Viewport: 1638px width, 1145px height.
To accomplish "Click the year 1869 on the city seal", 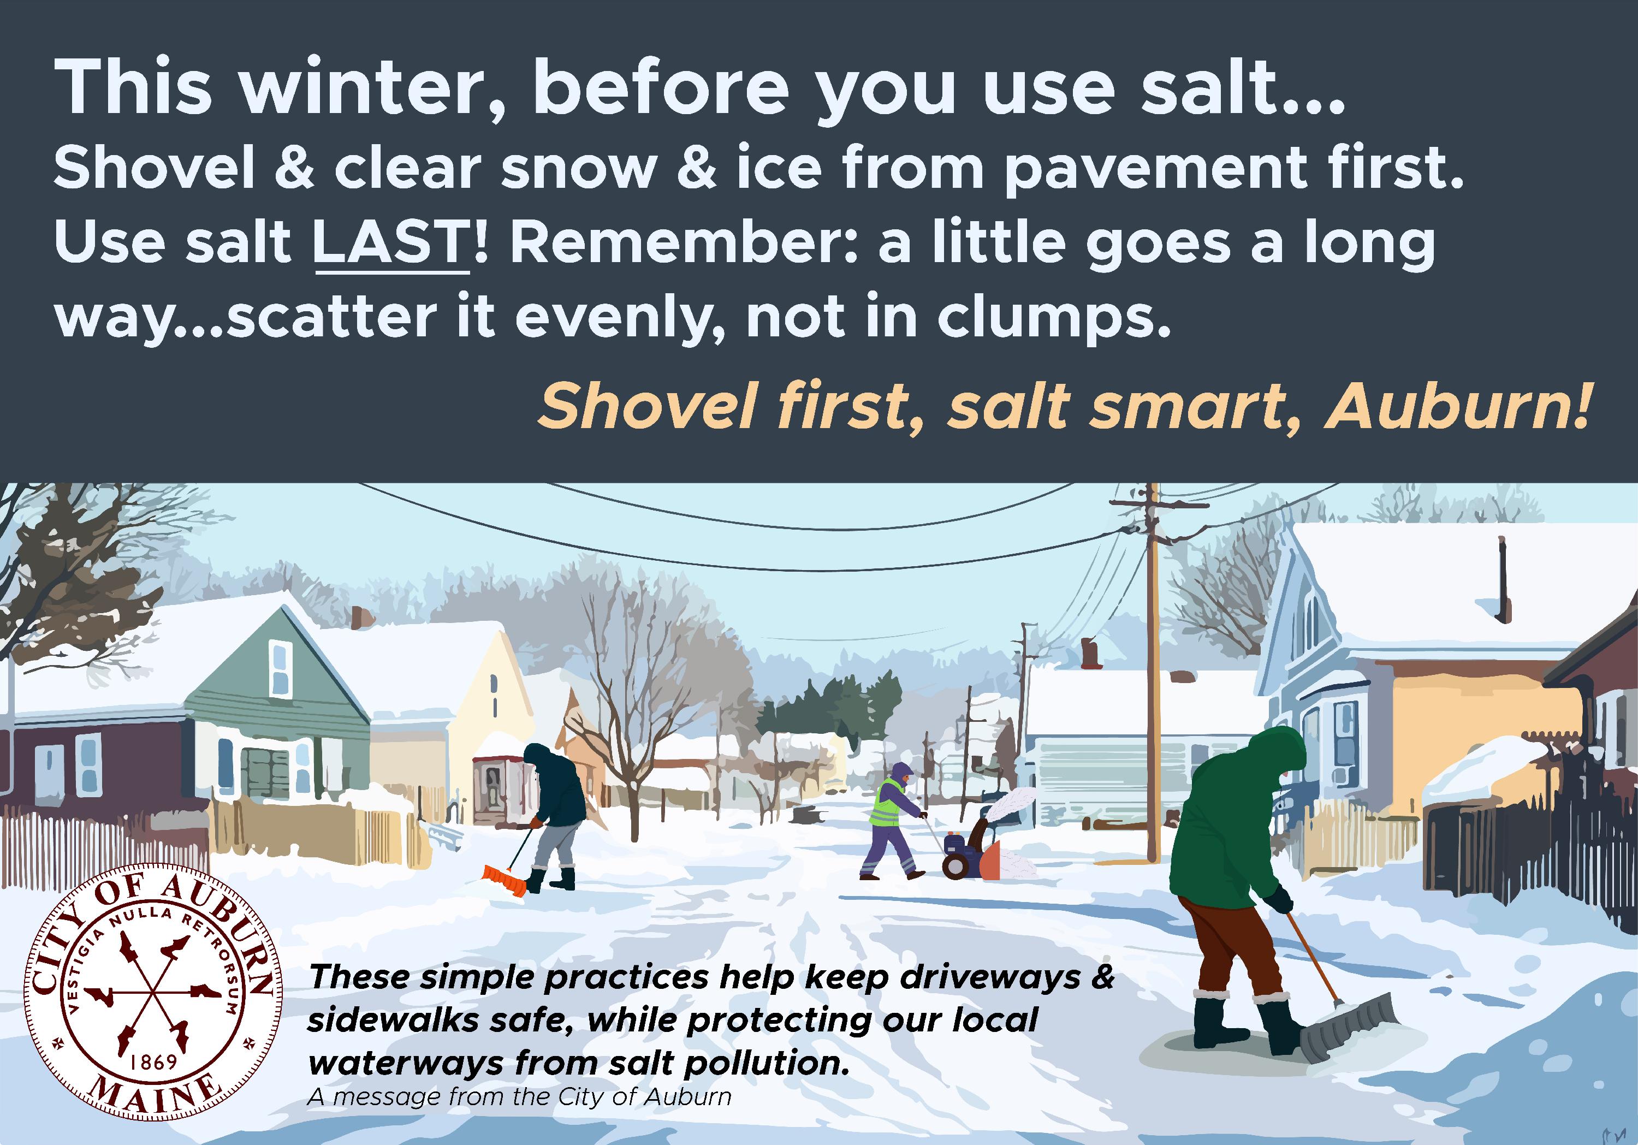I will [154, 1061].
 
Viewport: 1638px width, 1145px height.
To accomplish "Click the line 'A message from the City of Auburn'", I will [519, 1096].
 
